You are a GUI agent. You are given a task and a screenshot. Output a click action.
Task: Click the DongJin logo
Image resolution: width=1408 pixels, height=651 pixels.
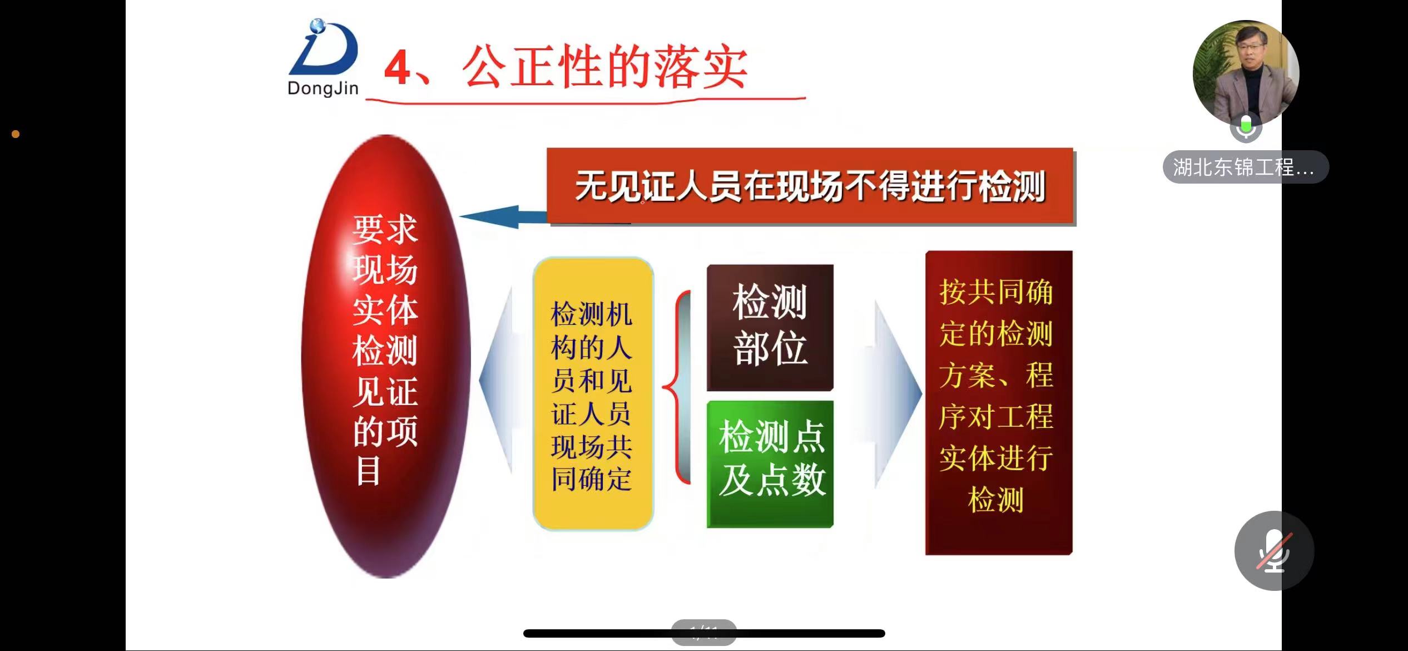(323, 57)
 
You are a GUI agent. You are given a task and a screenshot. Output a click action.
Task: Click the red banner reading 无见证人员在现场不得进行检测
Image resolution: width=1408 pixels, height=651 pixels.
(810, 186)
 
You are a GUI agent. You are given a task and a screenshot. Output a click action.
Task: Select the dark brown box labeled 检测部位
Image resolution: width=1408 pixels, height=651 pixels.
(770, 327)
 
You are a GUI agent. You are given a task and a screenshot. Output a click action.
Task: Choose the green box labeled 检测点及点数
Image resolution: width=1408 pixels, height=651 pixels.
(770, 463)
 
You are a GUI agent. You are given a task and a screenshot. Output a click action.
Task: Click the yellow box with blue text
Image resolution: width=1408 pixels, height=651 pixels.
(593, 394)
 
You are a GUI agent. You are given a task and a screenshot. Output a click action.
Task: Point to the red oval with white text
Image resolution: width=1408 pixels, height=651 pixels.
(386, 356)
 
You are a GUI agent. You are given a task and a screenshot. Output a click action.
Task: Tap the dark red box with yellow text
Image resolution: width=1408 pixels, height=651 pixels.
(999, 402)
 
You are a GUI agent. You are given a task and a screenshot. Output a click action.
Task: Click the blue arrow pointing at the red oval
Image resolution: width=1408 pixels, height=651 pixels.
(503, 217)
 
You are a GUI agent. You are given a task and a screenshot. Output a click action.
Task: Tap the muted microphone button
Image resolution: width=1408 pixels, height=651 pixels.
(1274, 550)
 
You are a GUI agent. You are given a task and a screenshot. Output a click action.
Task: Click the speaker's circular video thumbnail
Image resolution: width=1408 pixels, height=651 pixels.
(1246, 73)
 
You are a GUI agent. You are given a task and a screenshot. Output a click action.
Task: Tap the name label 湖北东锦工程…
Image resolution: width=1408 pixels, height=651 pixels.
(1246, 167)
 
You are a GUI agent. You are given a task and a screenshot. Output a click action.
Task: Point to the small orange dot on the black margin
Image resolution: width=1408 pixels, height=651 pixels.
(16, 134)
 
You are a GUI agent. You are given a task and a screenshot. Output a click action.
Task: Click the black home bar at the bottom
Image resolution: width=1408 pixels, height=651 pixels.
(704, 633)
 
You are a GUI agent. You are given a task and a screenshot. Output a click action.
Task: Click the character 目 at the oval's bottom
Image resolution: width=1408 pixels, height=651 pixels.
(368, 471)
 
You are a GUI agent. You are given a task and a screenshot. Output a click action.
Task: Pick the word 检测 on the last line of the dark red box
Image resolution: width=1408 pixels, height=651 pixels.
(996, 499)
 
